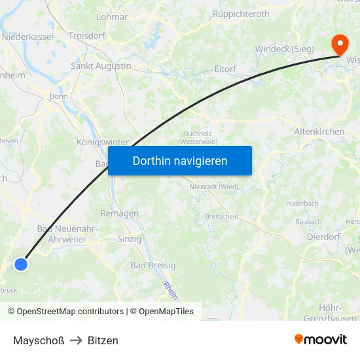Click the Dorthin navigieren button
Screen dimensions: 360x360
click(180, 160)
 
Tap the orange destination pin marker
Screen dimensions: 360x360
click(340, 45)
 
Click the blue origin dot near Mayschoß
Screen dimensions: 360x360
click(21, 264)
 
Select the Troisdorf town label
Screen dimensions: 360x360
click(88, 36)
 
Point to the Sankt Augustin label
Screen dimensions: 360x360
click(101, 66)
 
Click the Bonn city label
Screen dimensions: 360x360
click(59, 96)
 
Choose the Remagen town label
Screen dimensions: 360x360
click(120, 213)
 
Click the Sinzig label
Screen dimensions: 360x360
click(129, 239)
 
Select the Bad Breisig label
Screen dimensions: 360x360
click(153, 265)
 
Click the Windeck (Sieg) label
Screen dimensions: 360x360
click(284, 48)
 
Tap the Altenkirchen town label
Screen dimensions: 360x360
click(319, 132)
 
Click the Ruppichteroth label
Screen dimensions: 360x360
click(241, 13)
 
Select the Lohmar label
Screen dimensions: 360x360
click(112, 16)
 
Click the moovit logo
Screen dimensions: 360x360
click(321, 340)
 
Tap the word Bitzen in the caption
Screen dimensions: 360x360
click(103, 340)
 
